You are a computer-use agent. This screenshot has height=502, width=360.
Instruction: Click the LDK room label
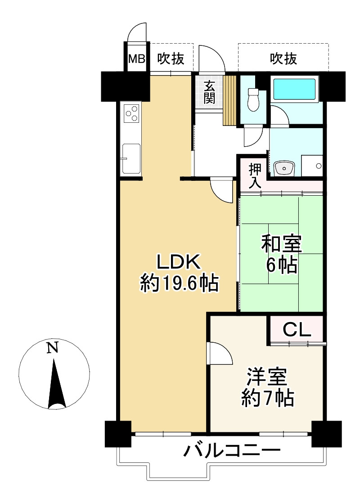pyautogui.click(x=177, y=262)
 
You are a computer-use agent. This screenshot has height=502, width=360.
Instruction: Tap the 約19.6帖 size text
pyautogui.click(x=179, y=283)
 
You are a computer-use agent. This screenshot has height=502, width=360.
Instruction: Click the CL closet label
pyautogui.click(x=297, y=331)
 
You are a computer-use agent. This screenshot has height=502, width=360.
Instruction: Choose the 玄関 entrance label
pyautogui.click(x=209, y=92)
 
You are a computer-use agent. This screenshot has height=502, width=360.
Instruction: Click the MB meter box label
pyautogui.click(x=137, y=59)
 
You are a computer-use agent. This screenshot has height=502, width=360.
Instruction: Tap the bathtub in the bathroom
pyautogui.click(x=294, y=89)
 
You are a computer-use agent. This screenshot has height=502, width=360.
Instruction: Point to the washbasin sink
pyautogui.click(x=283, y=168)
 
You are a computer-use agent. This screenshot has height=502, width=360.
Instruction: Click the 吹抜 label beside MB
pyautogui.click(x=170, y=59)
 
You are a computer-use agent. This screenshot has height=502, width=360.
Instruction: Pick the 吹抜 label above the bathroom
pyautogui.click(x=283, y=59)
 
